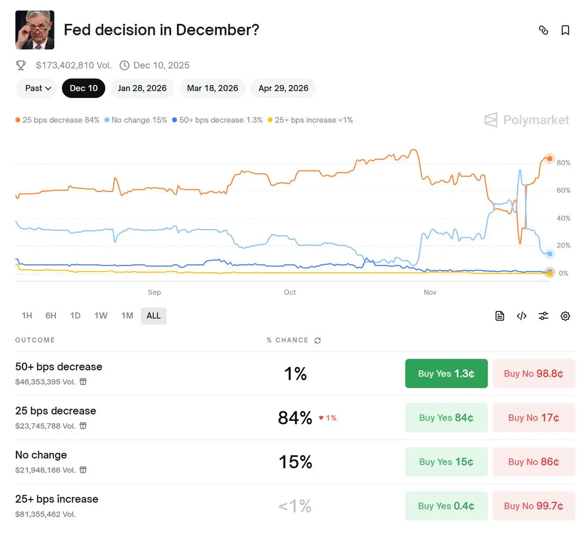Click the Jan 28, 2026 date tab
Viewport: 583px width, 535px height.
(x=142, y=88)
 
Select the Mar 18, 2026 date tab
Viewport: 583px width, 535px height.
(x=212, y=88)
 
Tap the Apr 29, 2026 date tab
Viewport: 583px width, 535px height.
(x=283, y=88)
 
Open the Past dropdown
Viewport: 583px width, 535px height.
(x=38, y=88)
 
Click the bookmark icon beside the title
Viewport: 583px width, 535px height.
(x=565, y=31)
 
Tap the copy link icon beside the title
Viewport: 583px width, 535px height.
(x=544, y=31)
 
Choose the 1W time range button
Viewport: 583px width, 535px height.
(x=101, y=316)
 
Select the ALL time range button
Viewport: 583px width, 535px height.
(x=154, y=316)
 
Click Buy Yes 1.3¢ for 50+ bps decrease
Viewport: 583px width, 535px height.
(x=446, y=373)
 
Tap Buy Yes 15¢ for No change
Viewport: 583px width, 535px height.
(x=446, y=462)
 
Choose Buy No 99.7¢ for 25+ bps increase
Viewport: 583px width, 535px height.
(x=533, y=506)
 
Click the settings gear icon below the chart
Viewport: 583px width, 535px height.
(x=565, y=316)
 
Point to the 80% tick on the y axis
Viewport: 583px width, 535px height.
(x=564, y=163)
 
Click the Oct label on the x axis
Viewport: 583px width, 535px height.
(x=290, y=292)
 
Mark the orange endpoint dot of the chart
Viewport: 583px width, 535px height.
(x=549, y=159)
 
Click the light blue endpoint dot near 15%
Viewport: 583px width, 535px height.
(x=549, y=254)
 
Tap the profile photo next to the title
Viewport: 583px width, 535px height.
(x=35, y=30)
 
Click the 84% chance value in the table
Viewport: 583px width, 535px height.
(x=295, y=418)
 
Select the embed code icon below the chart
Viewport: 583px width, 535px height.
(x=521, y=316)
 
